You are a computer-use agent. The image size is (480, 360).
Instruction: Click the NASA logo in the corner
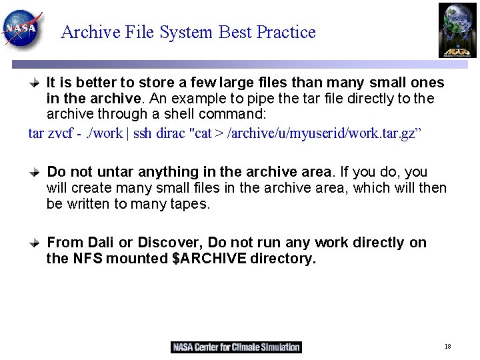pos(22,28)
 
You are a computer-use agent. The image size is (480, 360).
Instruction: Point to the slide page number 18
pos(447,347)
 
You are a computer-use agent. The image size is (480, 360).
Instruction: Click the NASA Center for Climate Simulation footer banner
pos(236,347)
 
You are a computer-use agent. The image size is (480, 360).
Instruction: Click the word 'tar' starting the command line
pos(36,133)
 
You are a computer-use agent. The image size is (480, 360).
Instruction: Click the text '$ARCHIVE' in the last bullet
pos(209,259)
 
